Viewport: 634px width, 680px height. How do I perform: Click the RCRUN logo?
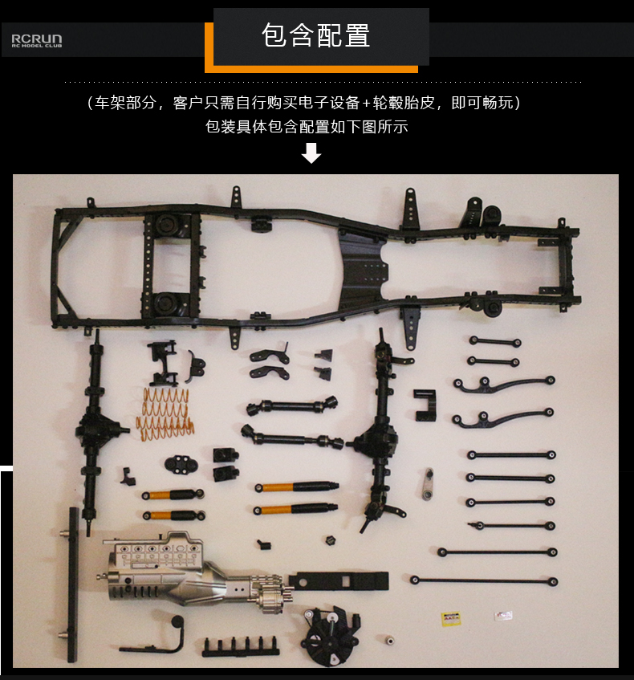tap(37, 40)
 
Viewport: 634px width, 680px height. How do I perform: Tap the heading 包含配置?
tap(315, 35)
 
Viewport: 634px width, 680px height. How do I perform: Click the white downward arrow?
tap(311, 153)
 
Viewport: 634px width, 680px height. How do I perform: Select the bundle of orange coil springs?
tap(165, 413)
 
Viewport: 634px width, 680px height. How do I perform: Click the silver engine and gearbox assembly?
tap(195, 572)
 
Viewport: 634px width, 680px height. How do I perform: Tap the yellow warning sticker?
tap(450, 618)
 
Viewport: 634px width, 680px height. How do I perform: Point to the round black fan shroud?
tap(333, 636)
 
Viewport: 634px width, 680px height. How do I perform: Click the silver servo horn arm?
tap(429, 484)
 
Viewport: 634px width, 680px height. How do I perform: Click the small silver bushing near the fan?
tap(389, 640)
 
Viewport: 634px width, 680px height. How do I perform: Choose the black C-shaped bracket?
tap(425, 406)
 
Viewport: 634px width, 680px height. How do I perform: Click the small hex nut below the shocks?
tap(331, 540)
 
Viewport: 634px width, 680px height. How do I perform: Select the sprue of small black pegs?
tap(240, 646)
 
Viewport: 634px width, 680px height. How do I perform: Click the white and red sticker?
tap(504, 616)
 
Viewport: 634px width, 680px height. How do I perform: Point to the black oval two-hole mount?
tap(181, 465)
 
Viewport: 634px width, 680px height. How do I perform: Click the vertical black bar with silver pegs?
tap(72, 585)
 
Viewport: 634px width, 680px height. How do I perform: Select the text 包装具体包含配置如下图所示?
tap(307, 127)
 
